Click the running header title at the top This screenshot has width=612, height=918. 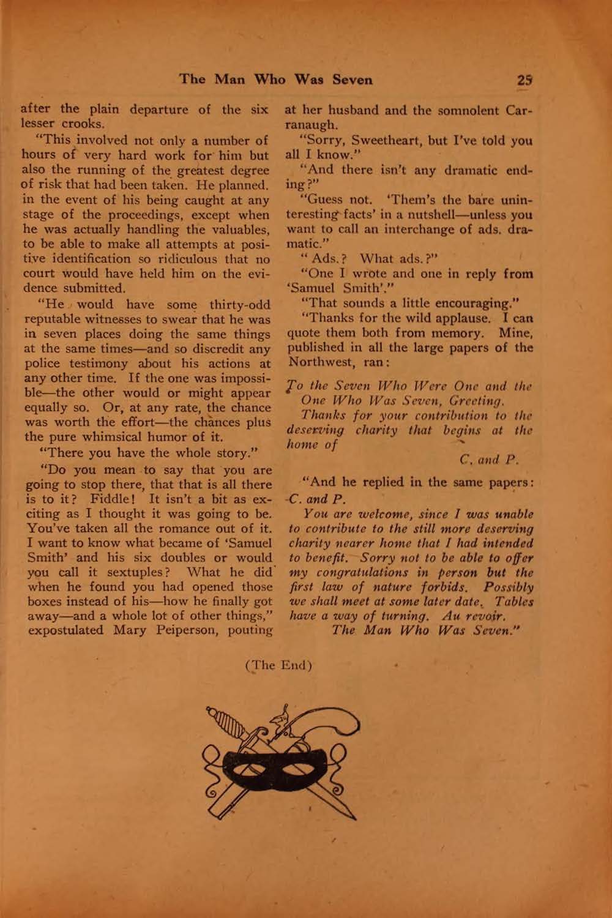coord(275,80)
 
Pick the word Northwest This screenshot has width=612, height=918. coord(318,362)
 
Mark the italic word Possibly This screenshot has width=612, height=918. coord(508,587)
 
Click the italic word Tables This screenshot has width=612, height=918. coord(514,602)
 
